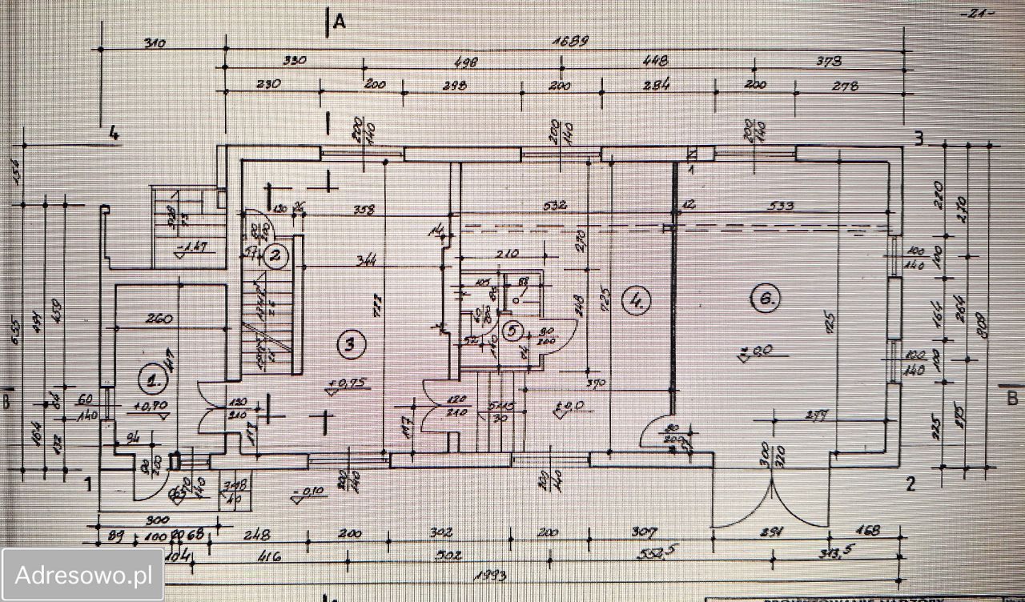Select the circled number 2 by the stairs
click(275, 256)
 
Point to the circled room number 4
click(637, 300)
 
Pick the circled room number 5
click(513, 330)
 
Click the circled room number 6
click(764, 299)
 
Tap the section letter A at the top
click(339, 22)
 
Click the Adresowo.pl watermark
click(83, 575)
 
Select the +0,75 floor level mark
click(346, 383)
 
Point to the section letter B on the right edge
click(1011, 398)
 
